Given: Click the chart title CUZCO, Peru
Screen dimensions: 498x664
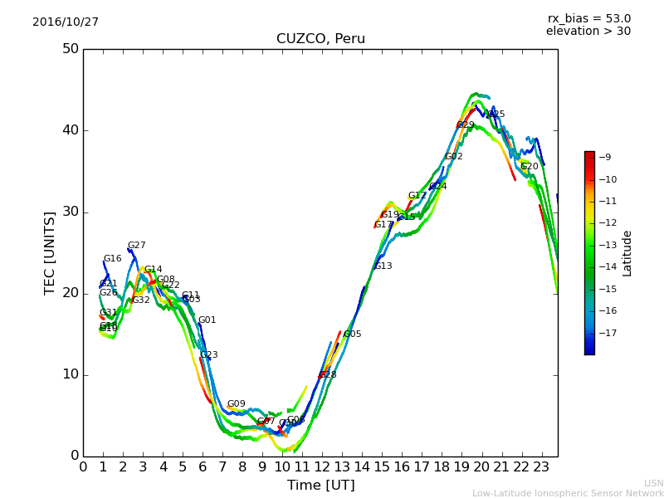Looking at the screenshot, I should [x=320, y=39].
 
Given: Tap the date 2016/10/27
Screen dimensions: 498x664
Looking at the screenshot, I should [x=66, y=22].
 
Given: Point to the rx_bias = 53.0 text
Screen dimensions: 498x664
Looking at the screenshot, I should [x=588, y=18].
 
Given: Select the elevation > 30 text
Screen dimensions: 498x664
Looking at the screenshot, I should [x=588, y=32].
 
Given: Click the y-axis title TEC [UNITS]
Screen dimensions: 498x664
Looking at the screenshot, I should [x=50, y=252].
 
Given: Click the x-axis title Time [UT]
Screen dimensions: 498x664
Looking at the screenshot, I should [x=320, y=486].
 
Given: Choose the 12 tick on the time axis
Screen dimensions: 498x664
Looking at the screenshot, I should [x=322, y=467].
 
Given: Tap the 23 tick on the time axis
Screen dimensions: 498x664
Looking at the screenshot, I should [x=541, y=467].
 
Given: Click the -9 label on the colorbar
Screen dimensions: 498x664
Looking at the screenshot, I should [x=605, y=157].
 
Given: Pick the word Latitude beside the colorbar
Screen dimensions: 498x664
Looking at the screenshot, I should [x=627, y=253].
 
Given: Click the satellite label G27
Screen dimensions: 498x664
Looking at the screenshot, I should [x=136, y=246].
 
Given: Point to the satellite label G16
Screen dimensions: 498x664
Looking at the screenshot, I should [x=112, y=259].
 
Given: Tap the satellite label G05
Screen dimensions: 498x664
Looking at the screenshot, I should [x=353, y=334].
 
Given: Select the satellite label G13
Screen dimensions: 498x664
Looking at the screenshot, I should [x=383, y=266].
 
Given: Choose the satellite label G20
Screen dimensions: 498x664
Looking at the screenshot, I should [x=530, y=167].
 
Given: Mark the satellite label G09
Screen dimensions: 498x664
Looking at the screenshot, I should [x=237, y=404].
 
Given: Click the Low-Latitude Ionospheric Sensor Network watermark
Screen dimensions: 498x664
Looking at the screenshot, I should [x=568, y=493].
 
